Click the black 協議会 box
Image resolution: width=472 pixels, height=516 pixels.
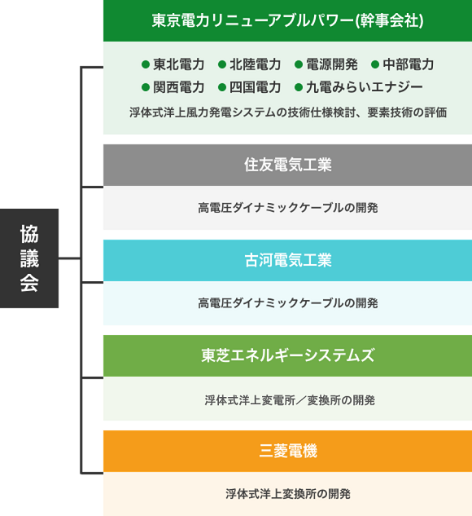pyautogui.click(x=29, y=258)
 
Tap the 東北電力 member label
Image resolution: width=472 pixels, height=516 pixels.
pyautogui.click(x=179, y=64)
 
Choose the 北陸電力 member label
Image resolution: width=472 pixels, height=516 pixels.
pyautogui.click(x=256, y=64)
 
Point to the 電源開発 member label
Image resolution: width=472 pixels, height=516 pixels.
pyautogui.click(x=332, y=64)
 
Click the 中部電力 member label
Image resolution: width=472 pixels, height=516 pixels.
pyautogui.click(x=409, y=64)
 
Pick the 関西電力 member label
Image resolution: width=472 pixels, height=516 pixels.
pyautogui.click(x=179, y=87)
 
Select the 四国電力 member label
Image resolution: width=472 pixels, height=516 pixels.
pyautogui.click(x=256, y=87)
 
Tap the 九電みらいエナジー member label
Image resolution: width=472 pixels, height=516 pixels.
pyautogui.click(x=365, y=87)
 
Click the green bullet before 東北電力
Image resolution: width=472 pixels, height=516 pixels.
pyautogui.click(x=146, y=64)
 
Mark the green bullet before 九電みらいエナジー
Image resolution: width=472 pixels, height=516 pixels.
pyautogui.click(x=299, y=87)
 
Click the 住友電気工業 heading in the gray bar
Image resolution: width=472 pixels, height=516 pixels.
pyautogui.click(x=288, y=165)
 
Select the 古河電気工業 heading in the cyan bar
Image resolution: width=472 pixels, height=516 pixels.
pyautogui.click(x=288, y=260)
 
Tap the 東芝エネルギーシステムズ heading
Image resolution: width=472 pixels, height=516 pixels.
pyautogui.click(x=288, y=355)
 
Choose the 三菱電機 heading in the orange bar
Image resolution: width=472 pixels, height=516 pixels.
pyautogui.click(x=288, y=451)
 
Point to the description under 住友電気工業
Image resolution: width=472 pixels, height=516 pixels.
pyautogui.click(x=288, y=208)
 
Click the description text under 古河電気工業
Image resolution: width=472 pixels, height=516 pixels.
pyautogui.click(x=288, y=303)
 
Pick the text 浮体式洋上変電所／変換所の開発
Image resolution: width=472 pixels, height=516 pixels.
pyautogui.click(x=290, y=400)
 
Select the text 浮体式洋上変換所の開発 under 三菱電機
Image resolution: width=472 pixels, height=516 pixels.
pyautogui.click(x=288, y=494)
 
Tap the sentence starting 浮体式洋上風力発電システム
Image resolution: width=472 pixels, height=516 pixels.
pyautogui.click(x=288, y=112)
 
